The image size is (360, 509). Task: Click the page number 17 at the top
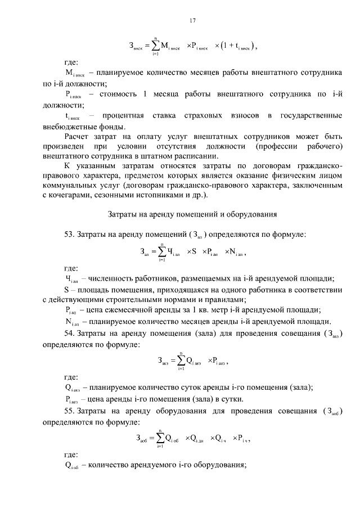(192, 21)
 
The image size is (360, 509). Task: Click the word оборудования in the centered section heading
(248, 213)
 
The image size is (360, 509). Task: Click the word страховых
(201, 116)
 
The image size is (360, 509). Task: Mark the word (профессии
(276, 146)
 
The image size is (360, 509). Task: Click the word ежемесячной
(132, 310)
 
